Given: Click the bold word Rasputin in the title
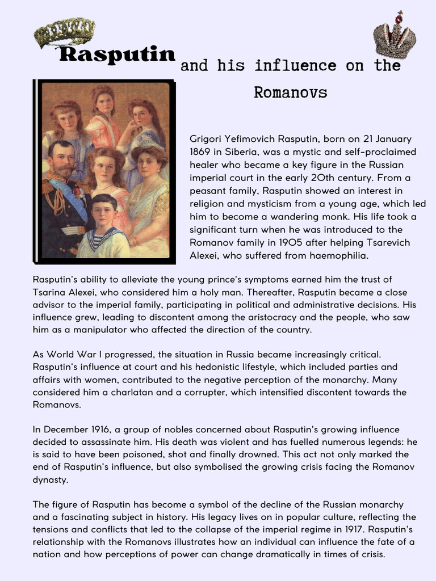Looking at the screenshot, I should tap(118, 55).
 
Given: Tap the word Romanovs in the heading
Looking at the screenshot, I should tap(290, 92).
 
